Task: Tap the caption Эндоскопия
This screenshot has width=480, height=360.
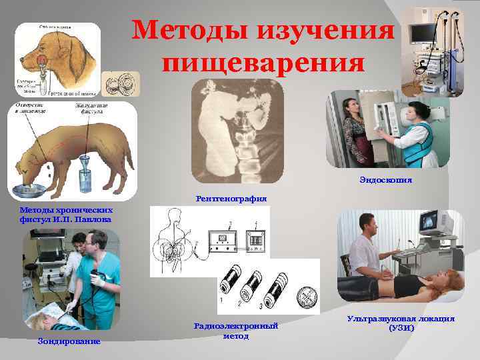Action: coord(385,179)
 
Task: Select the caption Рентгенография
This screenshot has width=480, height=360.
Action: coord(231,198)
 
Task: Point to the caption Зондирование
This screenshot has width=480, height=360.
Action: coord(69,341)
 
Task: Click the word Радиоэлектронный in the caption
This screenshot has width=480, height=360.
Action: coord(235,326)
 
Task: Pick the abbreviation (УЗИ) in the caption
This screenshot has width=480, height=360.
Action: coord(401,328)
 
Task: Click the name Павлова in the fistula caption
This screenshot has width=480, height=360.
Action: coord(94,219)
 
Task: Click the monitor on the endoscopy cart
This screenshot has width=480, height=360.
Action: coord(422,32)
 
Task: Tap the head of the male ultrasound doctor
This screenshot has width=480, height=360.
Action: coord(365,227)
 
